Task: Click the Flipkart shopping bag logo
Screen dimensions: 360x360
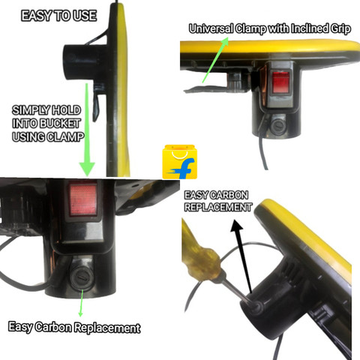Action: click(x=179, y=162)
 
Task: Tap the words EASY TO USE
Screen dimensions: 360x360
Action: click(x=59, y=16)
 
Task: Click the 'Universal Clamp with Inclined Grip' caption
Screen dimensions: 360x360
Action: click(x=270, y=29)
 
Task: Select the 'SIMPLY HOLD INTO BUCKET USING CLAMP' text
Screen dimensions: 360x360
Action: click(x=47, y=124)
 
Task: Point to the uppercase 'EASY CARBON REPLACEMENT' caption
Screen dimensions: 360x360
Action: click(x=218, y=201)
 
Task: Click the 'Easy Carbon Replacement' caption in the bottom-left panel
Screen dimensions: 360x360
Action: click(x=74, y=327)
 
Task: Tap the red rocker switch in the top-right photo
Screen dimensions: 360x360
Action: click(x=280, y=82)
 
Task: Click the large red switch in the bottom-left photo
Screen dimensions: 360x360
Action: click(x=83, y=199)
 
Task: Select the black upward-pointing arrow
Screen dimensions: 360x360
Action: click(x=243, y=256)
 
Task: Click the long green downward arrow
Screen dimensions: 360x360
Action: click(x=87, y=130)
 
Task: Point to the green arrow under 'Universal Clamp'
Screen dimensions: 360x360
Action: click(x=215, y=60)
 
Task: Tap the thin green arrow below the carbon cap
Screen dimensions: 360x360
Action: click(x=82, y=302)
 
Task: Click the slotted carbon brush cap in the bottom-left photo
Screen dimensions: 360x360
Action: click(x=81, y=277)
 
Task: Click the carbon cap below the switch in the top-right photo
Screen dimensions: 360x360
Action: click(x=277, y=126)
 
